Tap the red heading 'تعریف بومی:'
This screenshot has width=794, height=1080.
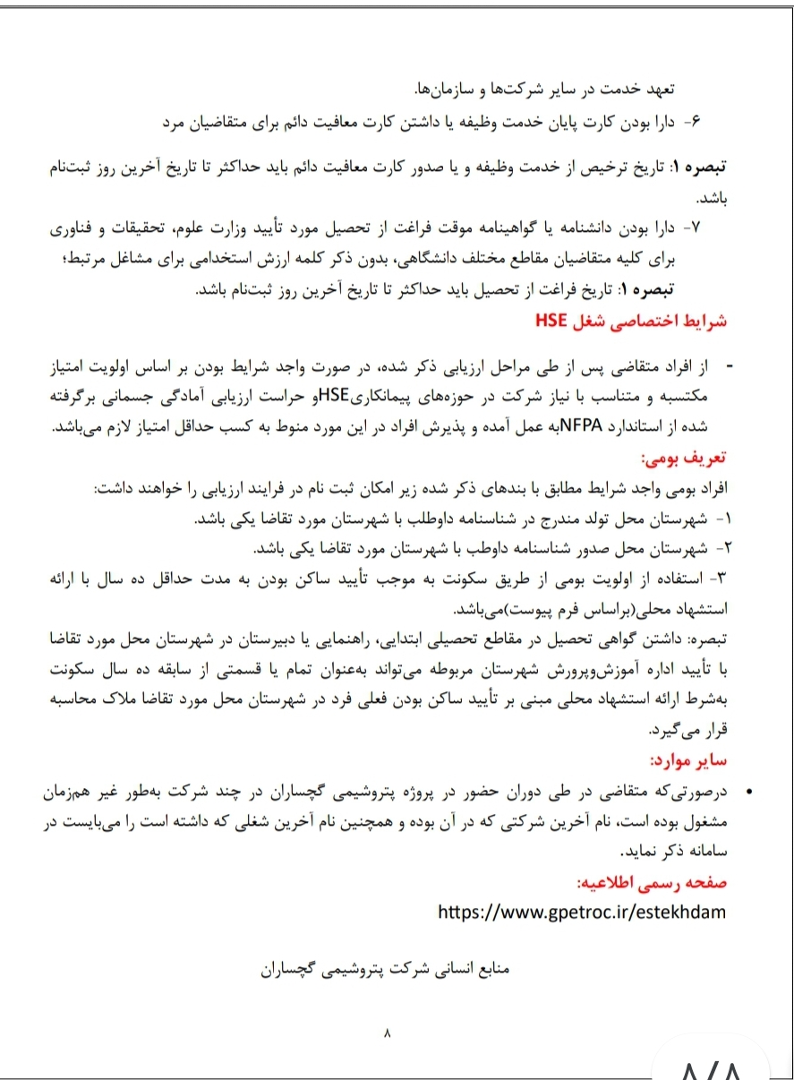(690, 459)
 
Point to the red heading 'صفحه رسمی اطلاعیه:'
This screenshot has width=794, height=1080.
(653, 882)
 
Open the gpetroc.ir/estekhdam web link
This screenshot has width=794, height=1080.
(582, 912)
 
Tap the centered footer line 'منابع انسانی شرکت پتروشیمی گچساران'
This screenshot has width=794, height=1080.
(385, 971)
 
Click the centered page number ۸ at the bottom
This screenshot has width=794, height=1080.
(387, 1034)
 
